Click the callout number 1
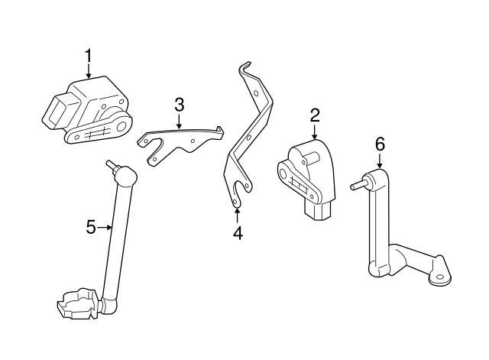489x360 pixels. (89, 56)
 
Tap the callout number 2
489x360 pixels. (314, 115)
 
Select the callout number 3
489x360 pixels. (179, 104)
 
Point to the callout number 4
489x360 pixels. (238, 233)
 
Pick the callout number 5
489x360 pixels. (90, 226)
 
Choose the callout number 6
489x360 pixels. (380, 144)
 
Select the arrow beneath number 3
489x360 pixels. (179, 120)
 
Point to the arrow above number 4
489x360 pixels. (238, 215)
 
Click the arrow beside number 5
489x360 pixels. (105, 226)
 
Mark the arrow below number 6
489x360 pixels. (380, 162)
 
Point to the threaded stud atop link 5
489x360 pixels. (112, 165)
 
